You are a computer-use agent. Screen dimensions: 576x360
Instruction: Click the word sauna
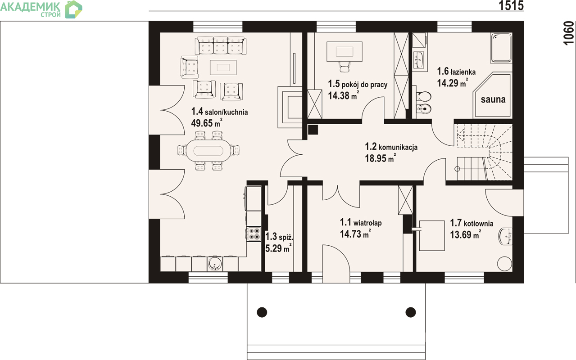pyautogui.click(x=493, y=99)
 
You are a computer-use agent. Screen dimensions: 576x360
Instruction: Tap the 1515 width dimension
pyautogui.click(x=511, y=6)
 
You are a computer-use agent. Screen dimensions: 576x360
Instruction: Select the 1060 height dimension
pyautogui.click(x=569, y=33)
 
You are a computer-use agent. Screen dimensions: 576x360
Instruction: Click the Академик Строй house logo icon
pyautogui.click(x=73, y=9)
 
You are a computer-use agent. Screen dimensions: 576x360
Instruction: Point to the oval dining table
pyautogui.click(x=208, y=151)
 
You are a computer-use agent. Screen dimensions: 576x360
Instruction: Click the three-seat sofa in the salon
pyautogui.click(x=220, y=45)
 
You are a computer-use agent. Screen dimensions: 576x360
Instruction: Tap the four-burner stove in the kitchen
pyautogui.click(x=254, y=234)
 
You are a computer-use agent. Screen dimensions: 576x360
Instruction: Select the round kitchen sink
pyautogui.click(x=215, y=263)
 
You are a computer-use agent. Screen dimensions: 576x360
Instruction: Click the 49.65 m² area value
pyautogui.click(x=206, y=122)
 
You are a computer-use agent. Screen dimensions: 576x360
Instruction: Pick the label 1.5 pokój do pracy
pyautogui.click(x=358, y=84)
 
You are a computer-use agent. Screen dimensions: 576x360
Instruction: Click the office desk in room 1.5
pyautogui.click(x=345, y=51)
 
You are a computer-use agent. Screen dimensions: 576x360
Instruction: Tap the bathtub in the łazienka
pyautogui.click(x=501, y=48)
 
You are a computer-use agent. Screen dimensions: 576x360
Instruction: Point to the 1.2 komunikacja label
pyautogui.click(x=391, y=147)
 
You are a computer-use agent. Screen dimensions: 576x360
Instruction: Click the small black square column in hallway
pyautogui.click(x=313, y=130)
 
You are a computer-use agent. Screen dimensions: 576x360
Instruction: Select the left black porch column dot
pyautogui.click(x=262, y=312)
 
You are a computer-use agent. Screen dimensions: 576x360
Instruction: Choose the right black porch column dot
pyautogui.click(x=411, y=312)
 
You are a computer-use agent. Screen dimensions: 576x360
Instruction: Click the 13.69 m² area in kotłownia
pyautogui.click(x=465, y=234)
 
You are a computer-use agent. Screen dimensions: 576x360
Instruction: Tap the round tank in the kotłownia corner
pyautogui.click(x=504, y=264)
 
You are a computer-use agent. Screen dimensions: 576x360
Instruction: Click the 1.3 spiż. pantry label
pyautogui.click(x=279, y=237)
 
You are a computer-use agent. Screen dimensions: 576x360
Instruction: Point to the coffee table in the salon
pyautogui.click(x=223, y=67)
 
